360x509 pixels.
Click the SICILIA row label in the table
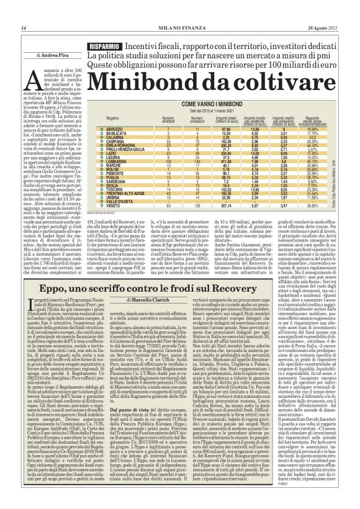pyautogui.click(x=112, y=184)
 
